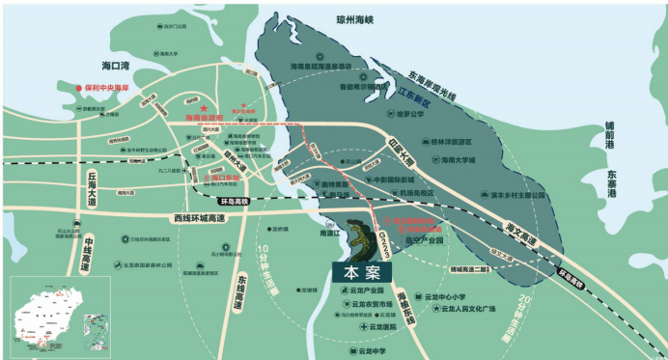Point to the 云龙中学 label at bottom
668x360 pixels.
[369, 351]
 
